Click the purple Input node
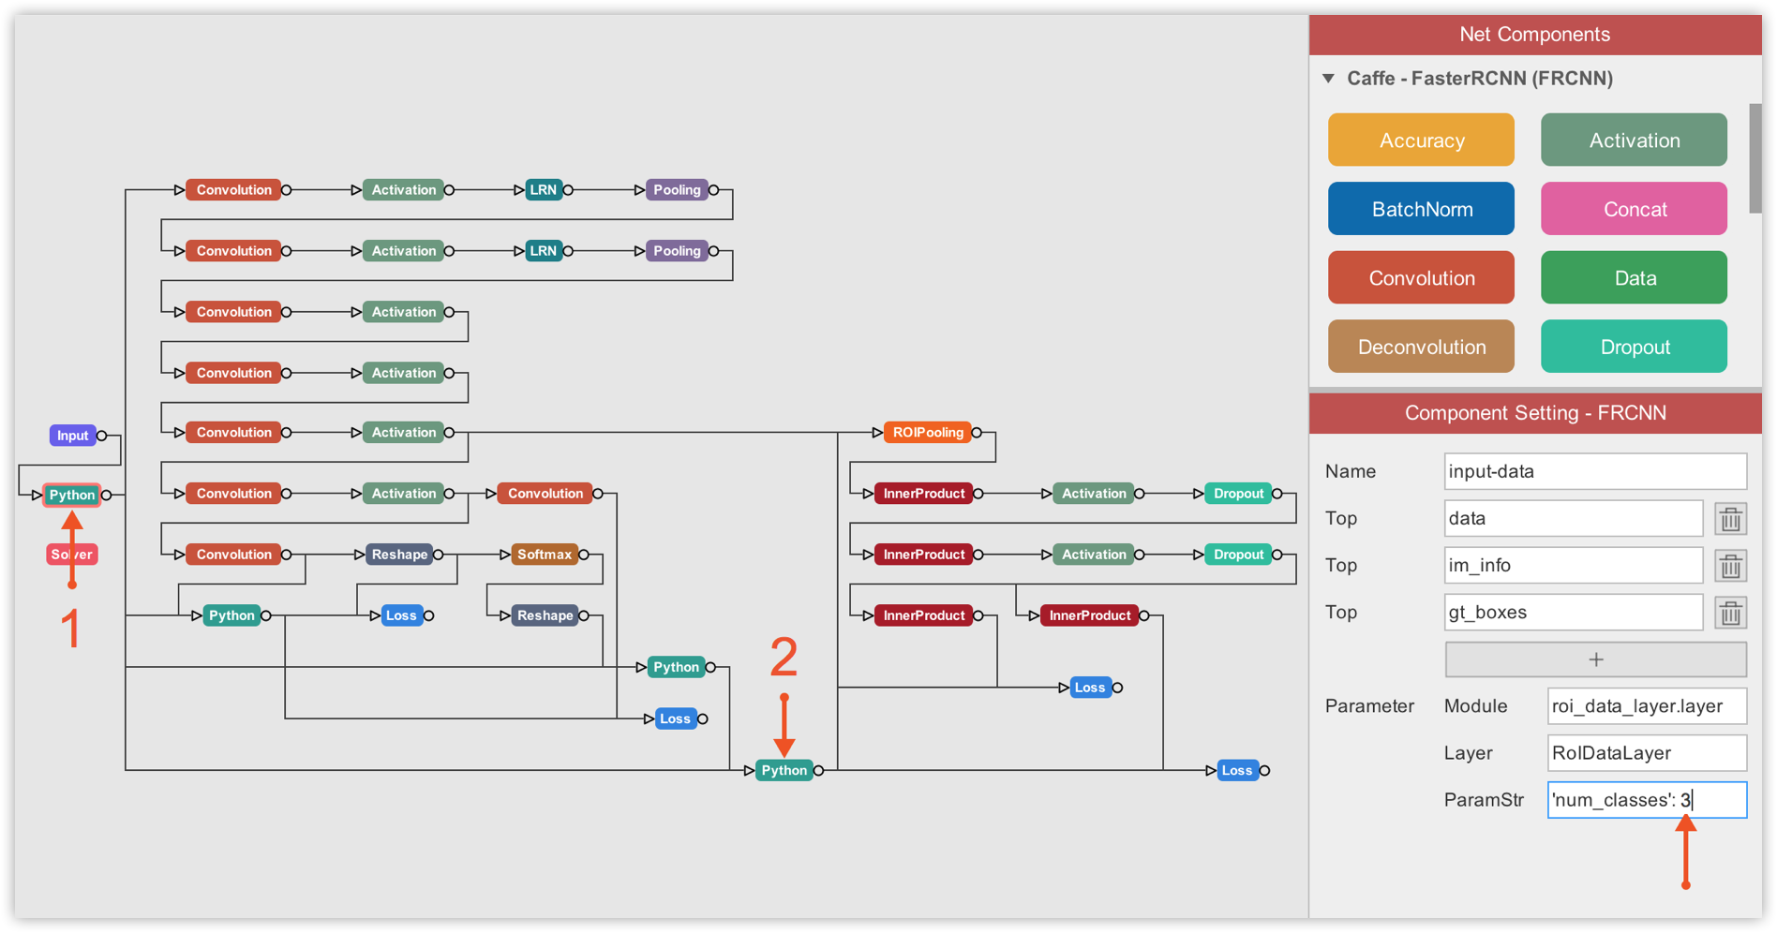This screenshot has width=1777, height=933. tap(72, 436)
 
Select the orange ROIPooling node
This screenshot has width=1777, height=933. tap(927, 433)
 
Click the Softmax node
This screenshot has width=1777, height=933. tap(544, 555)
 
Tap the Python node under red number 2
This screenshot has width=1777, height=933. tap(784, 771)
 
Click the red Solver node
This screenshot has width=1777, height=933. tap(72, 555)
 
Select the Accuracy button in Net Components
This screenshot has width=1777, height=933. tap(1421, 141)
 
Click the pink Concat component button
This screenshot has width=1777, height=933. tap(1634, 209)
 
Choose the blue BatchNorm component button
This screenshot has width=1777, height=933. tap(1421, 209)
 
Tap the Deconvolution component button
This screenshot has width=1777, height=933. tap(1421, 347)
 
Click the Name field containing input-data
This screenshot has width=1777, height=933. tap(1595, 471)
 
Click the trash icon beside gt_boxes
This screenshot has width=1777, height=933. tap(1730, 613)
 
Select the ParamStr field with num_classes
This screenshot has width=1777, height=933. tap(1647, 800)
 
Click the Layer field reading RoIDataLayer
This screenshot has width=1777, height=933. tap(1647, 753)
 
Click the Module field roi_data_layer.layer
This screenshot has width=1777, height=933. tap(1647, 706)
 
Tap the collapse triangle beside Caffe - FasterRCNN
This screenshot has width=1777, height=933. tap(1328, 79)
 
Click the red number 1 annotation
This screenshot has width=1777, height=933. tap(71, 629)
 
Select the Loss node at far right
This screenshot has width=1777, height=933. tap(1236, 771)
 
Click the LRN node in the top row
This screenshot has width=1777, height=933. tap(543, 190)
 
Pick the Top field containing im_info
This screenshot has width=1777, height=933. tap(1573, 565)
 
